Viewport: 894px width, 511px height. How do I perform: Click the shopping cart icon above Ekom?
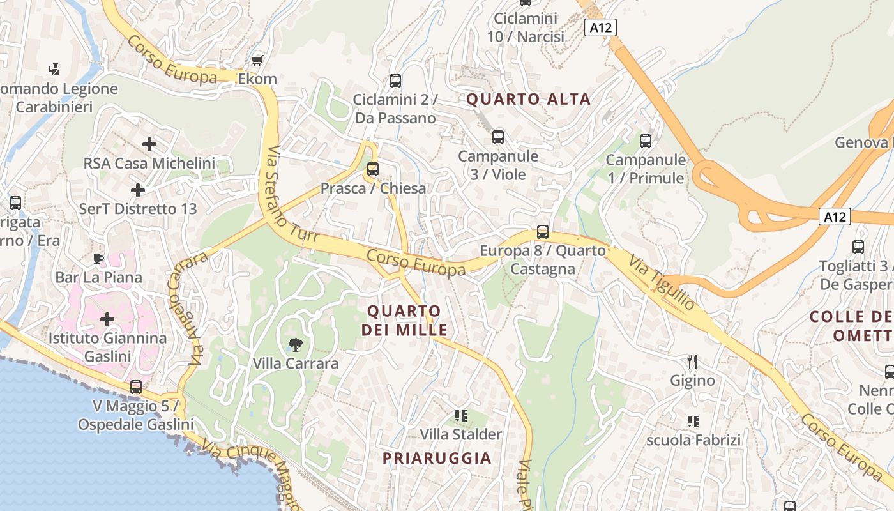point(257,60)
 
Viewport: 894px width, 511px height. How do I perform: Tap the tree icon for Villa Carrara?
point(295,345)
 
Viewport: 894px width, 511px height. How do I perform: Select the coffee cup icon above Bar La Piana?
point(98,259)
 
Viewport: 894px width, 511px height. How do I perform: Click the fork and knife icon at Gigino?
point(692,362)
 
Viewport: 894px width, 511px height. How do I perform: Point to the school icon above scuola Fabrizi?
point(693,421)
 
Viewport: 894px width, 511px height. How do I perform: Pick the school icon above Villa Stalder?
point(460,416)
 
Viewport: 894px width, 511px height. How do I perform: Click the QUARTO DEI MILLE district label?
point(404,321)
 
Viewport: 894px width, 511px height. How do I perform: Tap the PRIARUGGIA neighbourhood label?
point(437,458)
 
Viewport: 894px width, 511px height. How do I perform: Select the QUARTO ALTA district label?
point(529,99)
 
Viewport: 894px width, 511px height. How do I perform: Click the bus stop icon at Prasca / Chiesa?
point(373,169)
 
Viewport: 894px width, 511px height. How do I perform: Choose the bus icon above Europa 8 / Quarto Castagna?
point(543,231)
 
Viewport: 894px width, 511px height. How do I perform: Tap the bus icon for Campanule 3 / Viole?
point(498,137)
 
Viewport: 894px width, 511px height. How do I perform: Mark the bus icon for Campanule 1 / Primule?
point(646,141)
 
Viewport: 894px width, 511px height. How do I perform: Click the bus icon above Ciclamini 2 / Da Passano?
point(395,81)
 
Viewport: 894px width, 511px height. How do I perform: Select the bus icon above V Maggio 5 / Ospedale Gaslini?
point(136,386)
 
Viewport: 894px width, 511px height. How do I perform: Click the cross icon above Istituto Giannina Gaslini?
point(107,319)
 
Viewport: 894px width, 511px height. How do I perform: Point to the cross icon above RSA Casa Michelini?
point(149,144)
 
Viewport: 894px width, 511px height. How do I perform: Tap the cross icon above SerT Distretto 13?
point(137,190)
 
